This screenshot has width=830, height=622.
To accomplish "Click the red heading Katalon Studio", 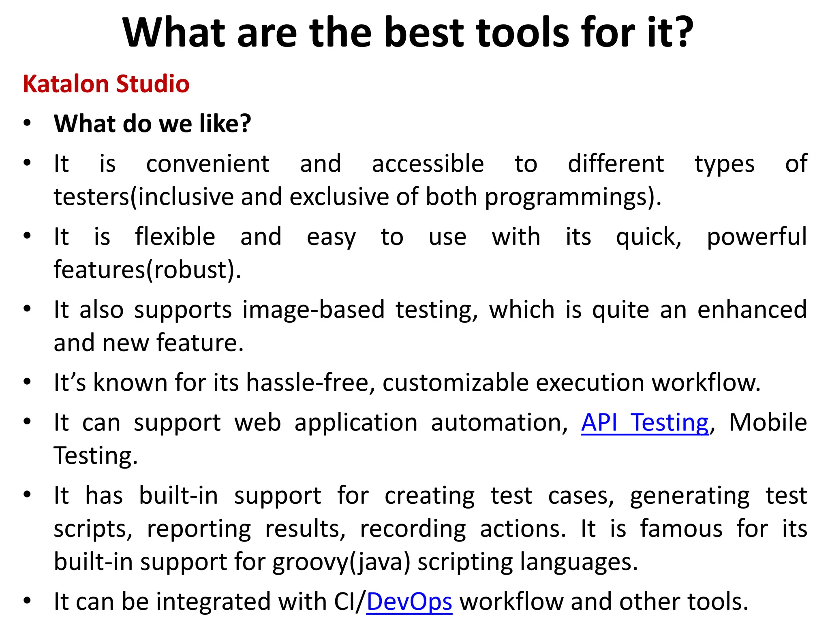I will (106, 84).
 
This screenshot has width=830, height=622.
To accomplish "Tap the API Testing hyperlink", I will (645, 423).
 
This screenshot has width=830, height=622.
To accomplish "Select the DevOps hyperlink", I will (409, 601).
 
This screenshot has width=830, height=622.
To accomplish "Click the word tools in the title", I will (523, 32).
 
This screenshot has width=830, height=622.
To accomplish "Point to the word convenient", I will (207, 164).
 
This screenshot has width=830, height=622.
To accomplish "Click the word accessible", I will (428, 164).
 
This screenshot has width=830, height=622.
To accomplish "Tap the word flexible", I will (175, 236).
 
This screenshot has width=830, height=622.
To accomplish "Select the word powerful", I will (757, 236).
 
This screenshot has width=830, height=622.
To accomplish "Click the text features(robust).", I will (148, 270).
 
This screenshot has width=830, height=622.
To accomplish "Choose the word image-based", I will (314, 310).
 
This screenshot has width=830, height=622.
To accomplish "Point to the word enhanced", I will (752, 310).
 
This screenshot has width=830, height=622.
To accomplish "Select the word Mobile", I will (768, 423).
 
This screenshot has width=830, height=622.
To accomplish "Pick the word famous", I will (681, 529).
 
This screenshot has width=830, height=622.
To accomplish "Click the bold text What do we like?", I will (152, 124).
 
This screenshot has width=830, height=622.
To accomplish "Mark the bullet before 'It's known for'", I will (27, 382).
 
